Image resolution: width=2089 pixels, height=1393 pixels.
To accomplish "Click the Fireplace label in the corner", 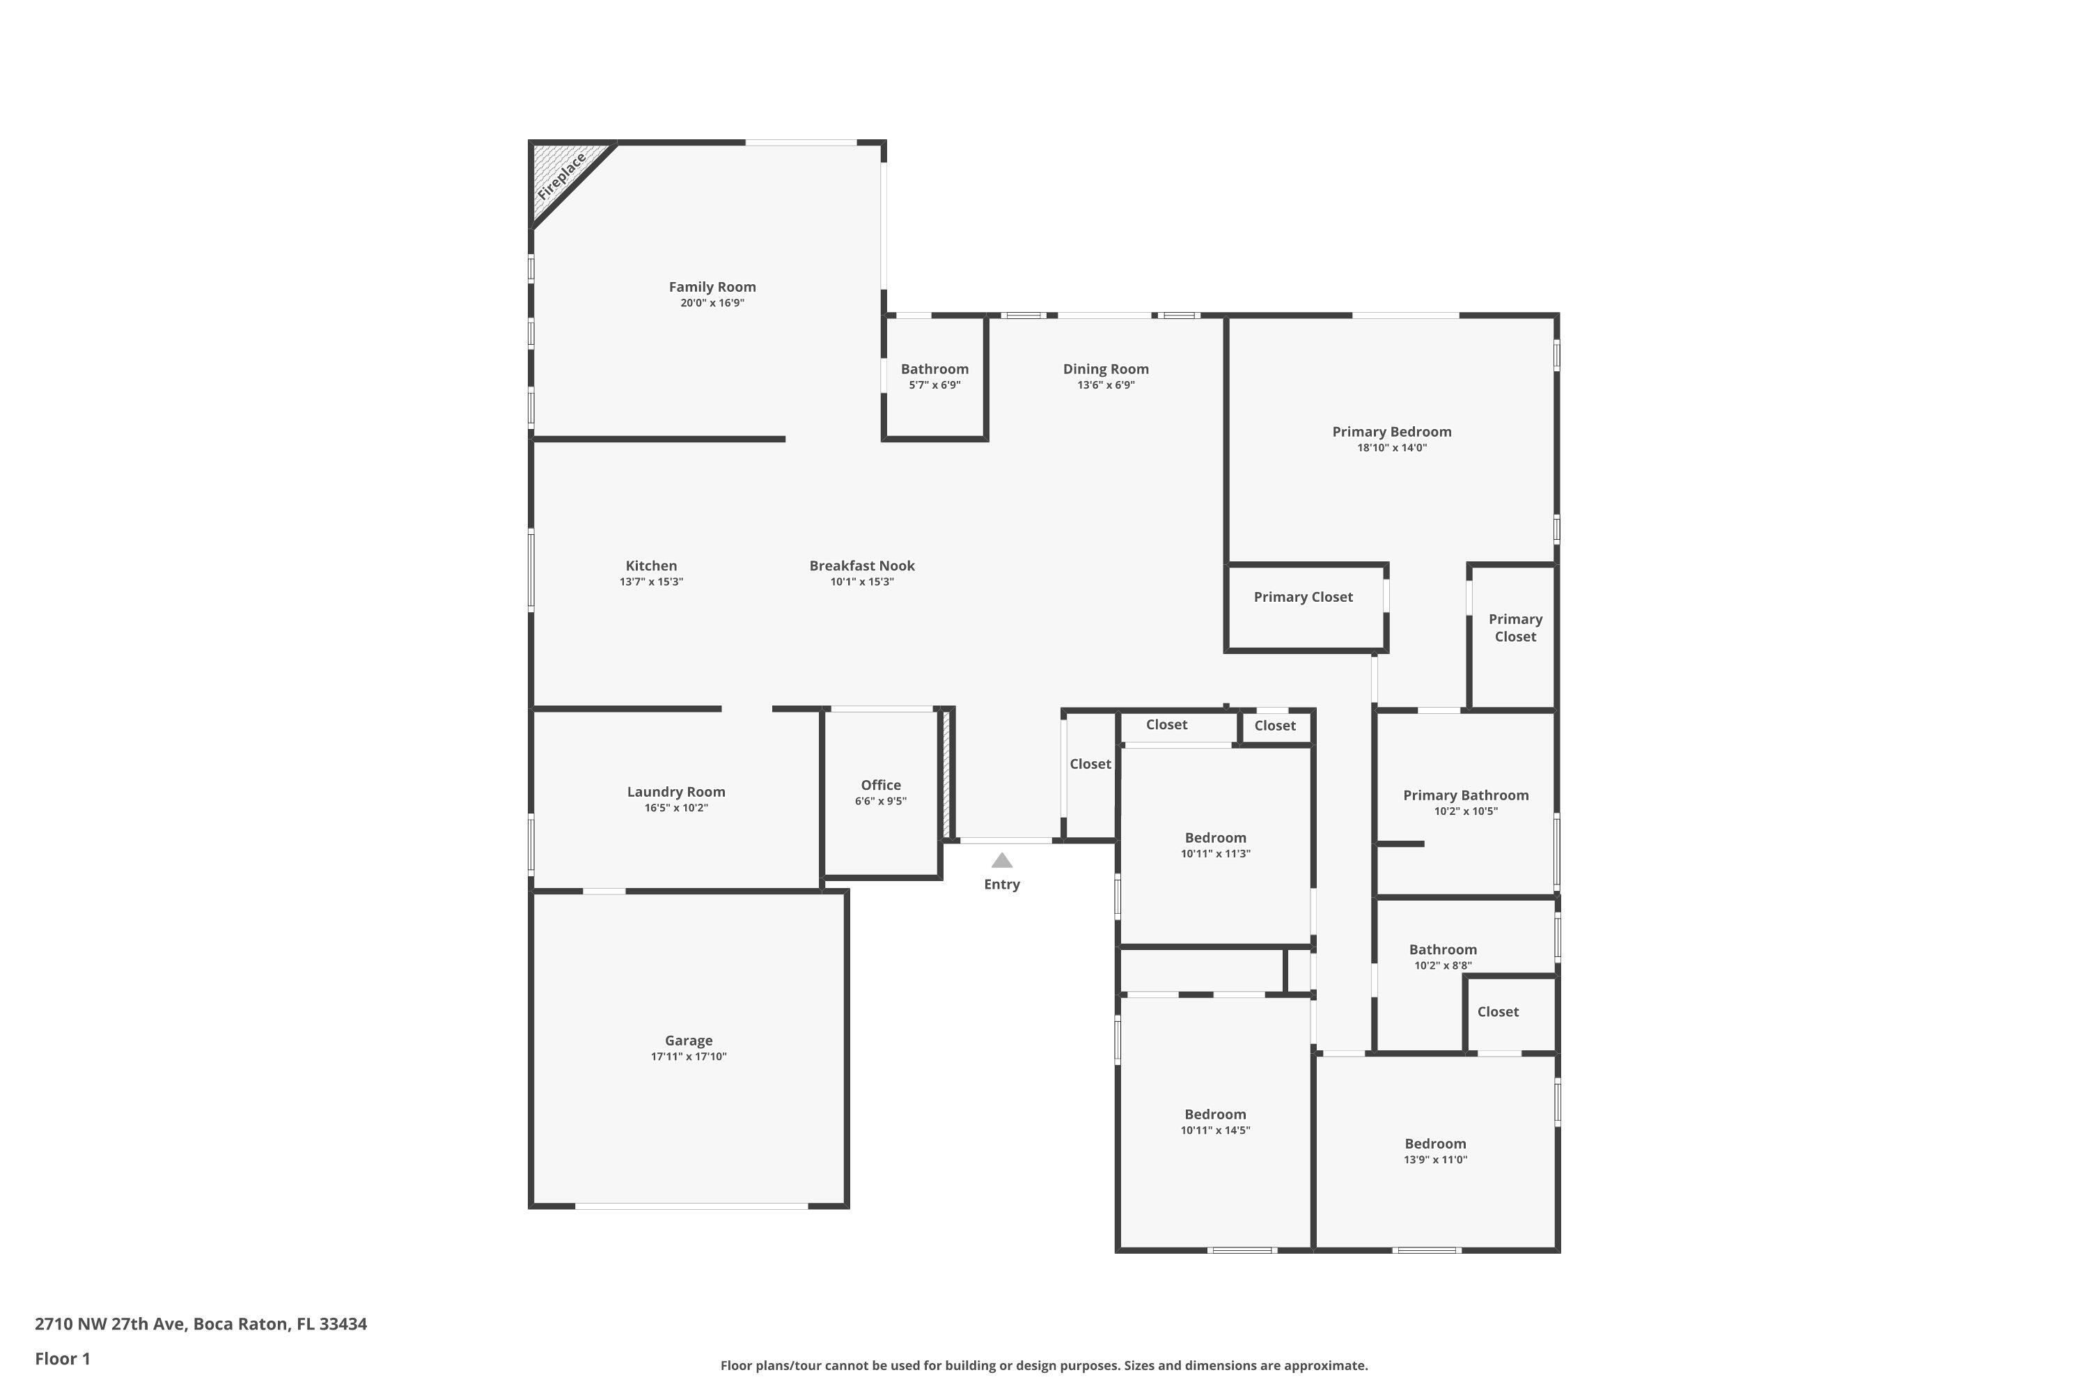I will [x=561, y=176].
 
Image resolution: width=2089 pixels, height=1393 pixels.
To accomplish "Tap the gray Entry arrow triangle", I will [x=1002, y=860].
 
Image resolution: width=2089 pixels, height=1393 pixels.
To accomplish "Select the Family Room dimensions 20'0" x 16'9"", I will [x=712, y=303].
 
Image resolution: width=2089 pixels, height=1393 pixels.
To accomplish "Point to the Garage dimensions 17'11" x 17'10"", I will [x=689, y=1057].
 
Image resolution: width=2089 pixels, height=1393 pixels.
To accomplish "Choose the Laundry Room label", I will [x=676, y=791].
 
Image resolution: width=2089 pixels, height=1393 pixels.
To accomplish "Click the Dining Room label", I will [x=1106, y=368].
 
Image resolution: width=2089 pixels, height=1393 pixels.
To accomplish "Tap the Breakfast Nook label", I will [x=861, y=566].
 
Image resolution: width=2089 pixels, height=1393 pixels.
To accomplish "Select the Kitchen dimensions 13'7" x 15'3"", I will [x=651, y=582].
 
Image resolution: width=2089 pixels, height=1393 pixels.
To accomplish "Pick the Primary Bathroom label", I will [x=1466, y=795].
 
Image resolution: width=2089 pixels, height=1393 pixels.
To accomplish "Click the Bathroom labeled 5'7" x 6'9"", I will [x=934, y=368].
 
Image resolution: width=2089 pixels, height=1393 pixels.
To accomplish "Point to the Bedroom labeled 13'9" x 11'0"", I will [x=1435, y=1144].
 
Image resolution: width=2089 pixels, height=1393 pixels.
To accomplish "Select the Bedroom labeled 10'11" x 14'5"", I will [x=1215, y=1114].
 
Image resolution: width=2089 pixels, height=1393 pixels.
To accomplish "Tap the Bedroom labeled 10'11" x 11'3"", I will [x=1215, y=838].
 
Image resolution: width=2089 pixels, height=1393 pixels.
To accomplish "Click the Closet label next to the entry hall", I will [x=1090, y=764].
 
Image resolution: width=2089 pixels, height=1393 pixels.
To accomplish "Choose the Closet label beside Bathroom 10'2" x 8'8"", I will [x=1498, y=1012].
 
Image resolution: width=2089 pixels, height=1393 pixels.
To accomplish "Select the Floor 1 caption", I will [x=62, y=1358].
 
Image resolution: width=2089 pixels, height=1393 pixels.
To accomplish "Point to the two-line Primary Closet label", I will [x=1515, y=628].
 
